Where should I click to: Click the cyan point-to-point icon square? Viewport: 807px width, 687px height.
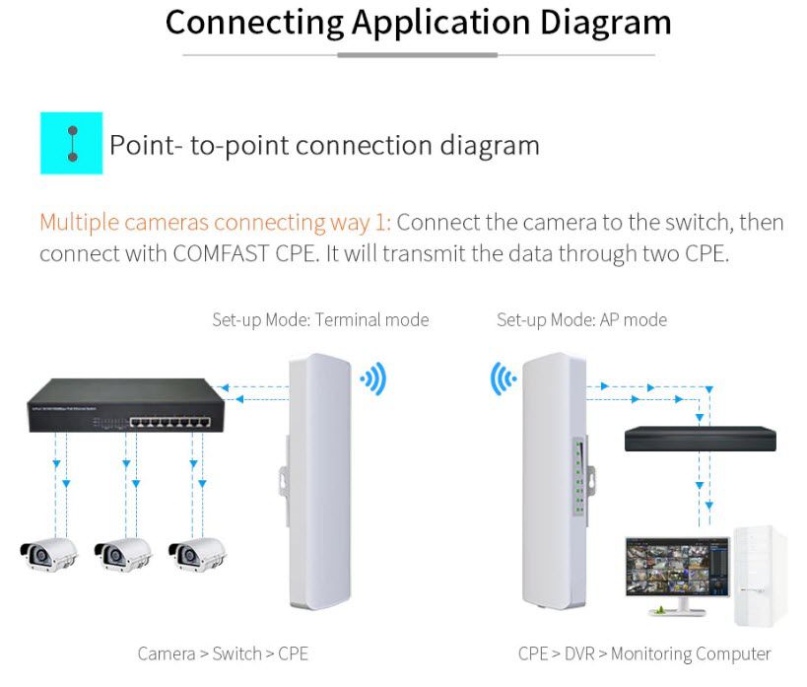[x=72, y=143]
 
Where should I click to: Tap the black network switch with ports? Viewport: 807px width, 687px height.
[x=125, y=405]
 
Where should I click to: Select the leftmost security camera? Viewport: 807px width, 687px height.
[x=49, y=555]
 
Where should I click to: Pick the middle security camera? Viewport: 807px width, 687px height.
[x=123, y=555]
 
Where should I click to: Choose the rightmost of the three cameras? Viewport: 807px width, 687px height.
[x=197, y=555]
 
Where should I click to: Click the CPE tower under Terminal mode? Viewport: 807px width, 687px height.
[x=318, y=481]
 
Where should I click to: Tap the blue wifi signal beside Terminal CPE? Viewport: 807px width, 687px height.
[x=374, y=379]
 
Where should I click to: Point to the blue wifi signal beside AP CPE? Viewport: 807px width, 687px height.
[x=503, y=379]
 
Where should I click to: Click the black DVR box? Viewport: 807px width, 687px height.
[x=700, y=439]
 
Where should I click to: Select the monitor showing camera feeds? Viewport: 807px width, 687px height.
[x=678, y=576]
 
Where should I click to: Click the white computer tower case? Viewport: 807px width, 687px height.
[x=761, y=576]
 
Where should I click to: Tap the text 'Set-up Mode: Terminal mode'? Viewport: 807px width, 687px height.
[x=320, y=319]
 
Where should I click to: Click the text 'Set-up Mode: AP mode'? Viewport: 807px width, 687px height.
[x=581, y=319]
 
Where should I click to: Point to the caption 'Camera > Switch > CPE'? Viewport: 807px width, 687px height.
[x=223, y=653]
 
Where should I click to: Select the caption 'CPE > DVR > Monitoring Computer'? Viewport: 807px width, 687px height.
[x=644, y=654]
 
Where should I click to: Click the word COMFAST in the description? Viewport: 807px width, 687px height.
[x=221, y=253]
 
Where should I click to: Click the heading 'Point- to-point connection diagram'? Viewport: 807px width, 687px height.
[x=325, y=145]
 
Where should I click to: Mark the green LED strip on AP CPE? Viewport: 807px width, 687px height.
[x=579, y=477]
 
